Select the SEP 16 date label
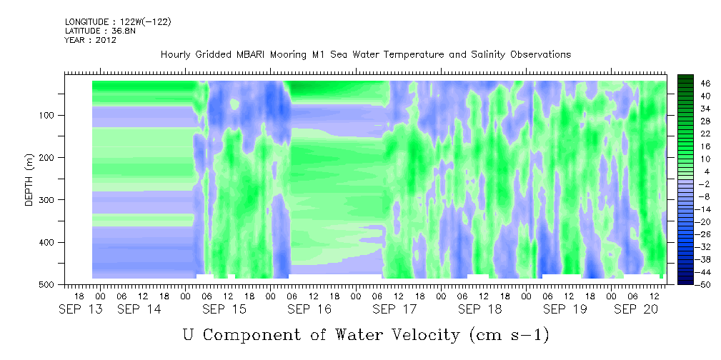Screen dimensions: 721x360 (x=309, y=309)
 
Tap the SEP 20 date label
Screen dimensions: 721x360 (x=636, y=309)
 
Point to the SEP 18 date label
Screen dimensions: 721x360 (x=479, y=309)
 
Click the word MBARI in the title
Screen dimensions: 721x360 (x=254, y=55)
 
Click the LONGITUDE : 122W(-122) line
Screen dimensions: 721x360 (x=118, y=21)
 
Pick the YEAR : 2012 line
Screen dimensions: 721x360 (x=91, y=40)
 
